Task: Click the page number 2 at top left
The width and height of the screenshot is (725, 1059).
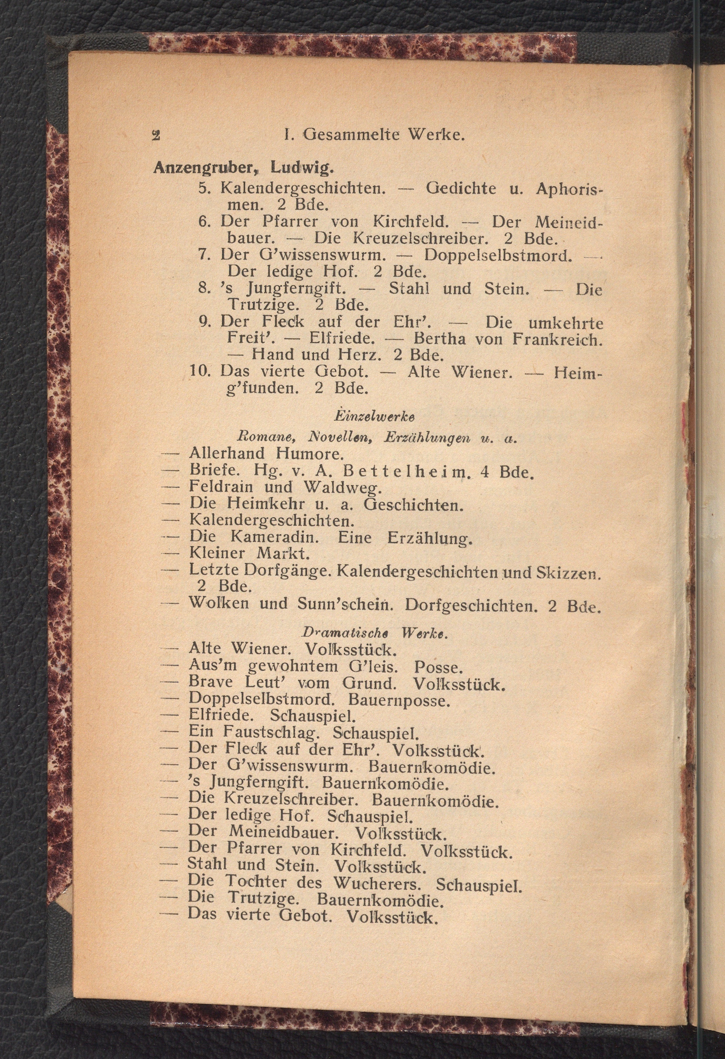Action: (x=156, y=136)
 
